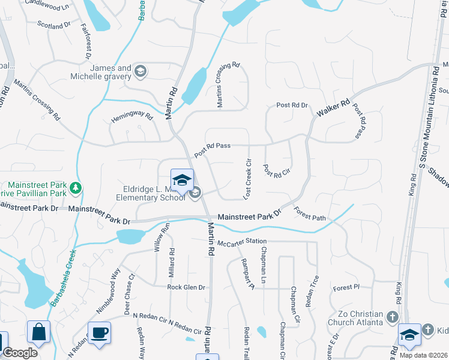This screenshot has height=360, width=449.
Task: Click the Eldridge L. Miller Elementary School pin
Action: click(x=182, y=180)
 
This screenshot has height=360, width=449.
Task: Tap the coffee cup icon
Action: click(x=99, y=332)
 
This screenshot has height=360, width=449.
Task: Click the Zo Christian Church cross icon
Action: click(x=393, y=316)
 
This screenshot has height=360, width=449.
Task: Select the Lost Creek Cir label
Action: click(x=247, y=179)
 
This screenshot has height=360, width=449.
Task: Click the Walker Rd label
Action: click(x=337, y=112)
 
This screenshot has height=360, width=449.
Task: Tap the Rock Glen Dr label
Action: click(x=186, y=287)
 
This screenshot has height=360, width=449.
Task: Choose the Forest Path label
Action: click(x=310, y=214)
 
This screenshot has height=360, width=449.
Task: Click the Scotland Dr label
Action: click(x=54, y=26)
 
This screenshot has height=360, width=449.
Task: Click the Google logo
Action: click(x=20, y=353)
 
